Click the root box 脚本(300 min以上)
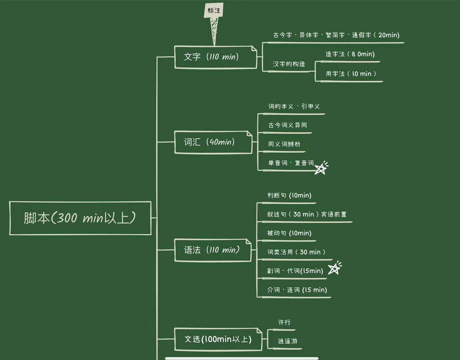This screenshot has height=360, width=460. point(80,218)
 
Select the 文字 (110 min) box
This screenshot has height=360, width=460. point(215,57)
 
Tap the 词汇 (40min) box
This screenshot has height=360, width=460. point(213,142)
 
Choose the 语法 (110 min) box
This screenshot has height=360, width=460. point(213,250)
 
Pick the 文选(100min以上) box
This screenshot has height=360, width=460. point(218,339)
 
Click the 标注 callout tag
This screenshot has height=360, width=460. point(214,11)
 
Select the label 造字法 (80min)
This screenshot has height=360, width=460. point(350,54)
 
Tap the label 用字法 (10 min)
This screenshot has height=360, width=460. point(351,74)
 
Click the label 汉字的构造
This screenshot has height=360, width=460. point(289,64)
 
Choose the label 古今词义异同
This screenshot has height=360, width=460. point(287,125)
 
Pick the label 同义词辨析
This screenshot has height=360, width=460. point(284,144)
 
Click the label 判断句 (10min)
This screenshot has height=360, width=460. point(289,195)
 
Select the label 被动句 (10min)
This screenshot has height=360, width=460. point(289,233)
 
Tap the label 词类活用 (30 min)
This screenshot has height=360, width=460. point(296,252)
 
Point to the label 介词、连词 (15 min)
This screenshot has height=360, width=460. point(297,290)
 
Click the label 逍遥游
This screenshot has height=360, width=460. point(287,341)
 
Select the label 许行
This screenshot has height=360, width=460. point(284,322)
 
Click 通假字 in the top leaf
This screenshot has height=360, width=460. point(361,35)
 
